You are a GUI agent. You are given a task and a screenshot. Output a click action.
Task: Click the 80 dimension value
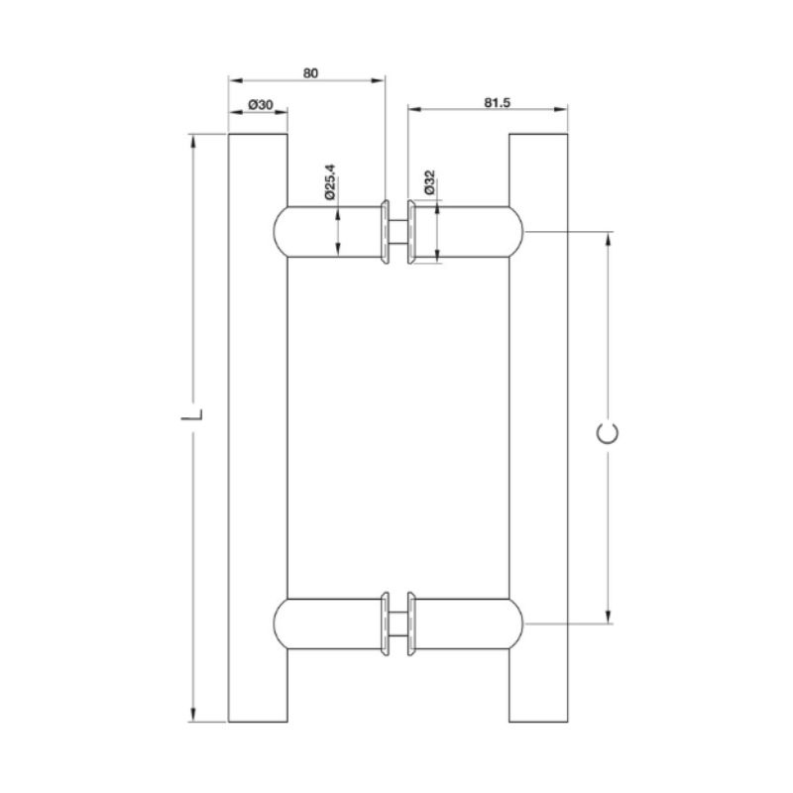click(x=310, y=73)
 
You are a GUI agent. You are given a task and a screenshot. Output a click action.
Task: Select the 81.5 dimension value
click(x=498, y=103)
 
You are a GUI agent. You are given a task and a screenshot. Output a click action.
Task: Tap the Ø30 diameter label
click(x=261, y=105)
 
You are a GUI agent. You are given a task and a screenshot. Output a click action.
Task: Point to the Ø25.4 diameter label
click(x=330, y=181)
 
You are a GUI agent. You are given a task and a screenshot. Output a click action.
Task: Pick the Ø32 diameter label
click(x=429, y=182)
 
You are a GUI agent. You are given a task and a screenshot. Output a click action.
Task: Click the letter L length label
click(x=192, y=415)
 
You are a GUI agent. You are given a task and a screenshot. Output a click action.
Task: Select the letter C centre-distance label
click(x=608, y=433)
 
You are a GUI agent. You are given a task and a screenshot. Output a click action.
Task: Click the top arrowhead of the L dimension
click(x=192, y=142)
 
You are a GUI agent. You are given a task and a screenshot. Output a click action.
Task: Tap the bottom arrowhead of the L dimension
click(x=192, y=714)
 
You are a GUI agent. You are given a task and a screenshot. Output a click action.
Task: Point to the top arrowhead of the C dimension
click(x=609, y=240)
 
